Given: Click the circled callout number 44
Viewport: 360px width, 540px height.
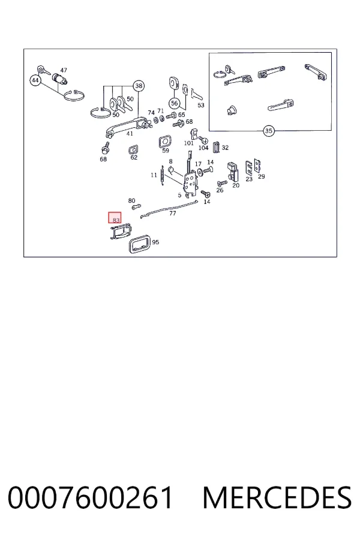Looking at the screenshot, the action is click(35, 81).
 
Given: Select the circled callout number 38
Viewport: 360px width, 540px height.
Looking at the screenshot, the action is click(139, 86).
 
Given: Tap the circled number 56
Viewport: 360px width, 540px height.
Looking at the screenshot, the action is click(175, 103).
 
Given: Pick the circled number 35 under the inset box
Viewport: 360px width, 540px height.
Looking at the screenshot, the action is click(268, 131).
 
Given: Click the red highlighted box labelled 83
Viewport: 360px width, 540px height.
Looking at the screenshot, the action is click(115, 217).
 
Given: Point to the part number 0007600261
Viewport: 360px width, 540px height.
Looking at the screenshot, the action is click(90, 497).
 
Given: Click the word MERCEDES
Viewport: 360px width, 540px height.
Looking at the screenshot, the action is click(277, 497).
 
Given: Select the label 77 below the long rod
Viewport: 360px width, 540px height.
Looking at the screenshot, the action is click(173, 214).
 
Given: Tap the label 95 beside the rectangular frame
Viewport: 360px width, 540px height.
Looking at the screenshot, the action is click(155, 242).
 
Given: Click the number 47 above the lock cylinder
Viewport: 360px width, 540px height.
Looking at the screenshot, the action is click(64, 70).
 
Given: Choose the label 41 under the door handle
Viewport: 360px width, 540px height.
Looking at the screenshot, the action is click(130, 134).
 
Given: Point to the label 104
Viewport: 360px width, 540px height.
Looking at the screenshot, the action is click(203, 148).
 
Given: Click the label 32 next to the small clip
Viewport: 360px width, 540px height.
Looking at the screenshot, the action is click(225, 148).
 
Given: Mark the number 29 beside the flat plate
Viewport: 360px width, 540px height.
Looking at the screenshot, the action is click(262, 176).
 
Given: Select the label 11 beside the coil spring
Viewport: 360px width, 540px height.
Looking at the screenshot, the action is click(154, 175).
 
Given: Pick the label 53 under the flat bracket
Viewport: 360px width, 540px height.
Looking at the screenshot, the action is click(201, 105).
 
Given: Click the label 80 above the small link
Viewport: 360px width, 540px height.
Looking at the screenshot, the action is click(131, 201).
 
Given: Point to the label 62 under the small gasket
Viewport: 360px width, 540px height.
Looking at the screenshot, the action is click(134, 157).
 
